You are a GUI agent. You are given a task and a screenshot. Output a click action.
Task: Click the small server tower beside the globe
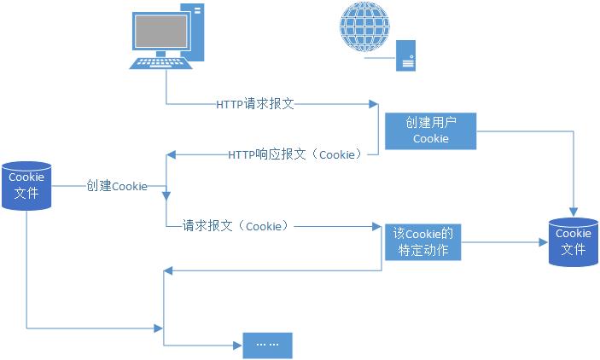pos(405,57)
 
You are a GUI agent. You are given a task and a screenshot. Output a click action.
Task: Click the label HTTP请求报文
pos(255,104)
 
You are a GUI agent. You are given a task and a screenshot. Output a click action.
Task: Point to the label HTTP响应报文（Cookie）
pos(295,155)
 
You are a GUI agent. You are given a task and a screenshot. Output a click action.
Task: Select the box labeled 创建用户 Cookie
pos(430,131)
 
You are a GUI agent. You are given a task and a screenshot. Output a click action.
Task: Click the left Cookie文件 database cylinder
pos(26,185)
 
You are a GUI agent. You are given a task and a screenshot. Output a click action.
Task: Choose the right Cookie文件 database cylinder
pos(573,241)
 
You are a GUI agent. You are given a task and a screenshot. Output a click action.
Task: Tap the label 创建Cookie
pos(116,186)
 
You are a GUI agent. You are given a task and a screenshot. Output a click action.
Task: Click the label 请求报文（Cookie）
pos(235,226)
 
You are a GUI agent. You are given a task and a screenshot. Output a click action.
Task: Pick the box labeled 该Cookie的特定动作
pos(422,241)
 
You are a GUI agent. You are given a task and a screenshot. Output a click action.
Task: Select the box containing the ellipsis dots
pos(267,344)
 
